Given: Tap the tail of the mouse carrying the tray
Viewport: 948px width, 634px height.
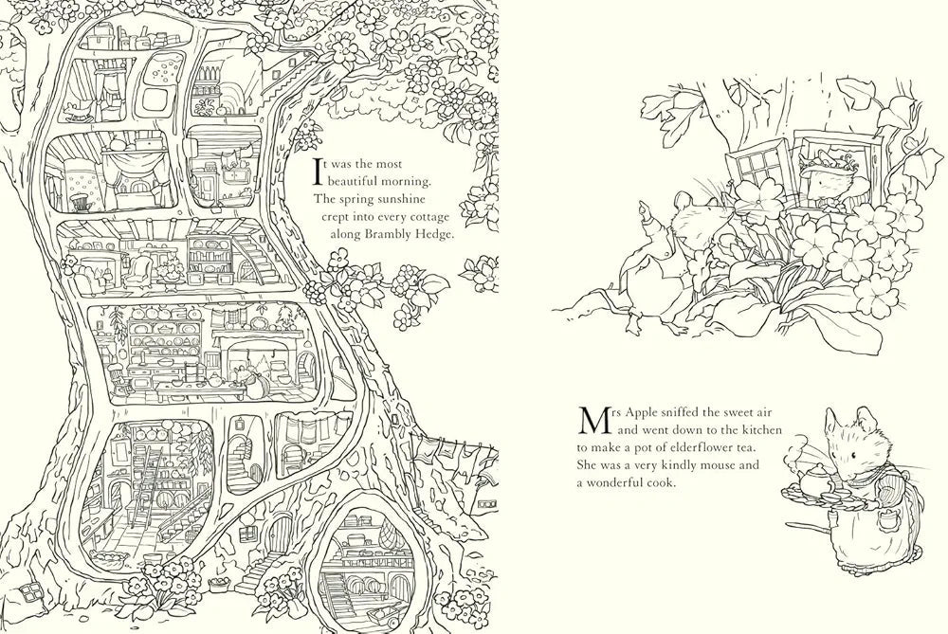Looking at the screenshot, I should [x=797, y=548].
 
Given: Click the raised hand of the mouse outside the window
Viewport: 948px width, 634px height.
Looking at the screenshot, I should [x=645, y=207].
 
